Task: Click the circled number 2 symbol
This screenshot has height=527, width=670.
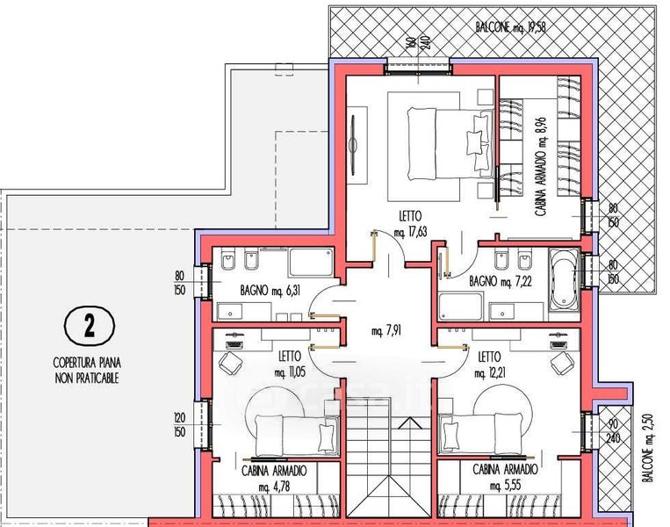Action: click(90, 326)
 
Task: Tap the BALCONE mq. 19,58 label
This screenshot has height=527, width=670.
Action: click(510, 27)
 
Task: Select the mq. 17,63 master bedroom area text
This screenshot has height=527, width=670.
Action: click(411, 233)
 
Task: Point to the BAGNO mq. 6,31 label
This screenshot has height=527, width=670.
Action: click(270, 291)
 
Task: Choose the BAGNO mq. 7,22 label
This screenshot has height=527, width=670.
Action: click(501, 281)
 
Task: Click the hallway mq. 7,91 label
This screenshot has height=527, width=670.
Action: click(386, 330)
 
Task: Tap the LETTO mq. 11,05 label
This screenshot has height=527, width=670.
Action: click(290, 365)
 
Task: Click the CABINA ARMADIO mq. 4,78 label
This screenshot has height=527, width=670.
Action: click(274, 479)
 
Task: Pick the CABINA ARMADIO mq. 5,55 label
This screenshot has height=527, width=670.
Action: click(505, 478)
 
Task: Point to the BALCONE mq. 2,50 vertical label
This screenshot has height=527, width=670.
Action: click(649, 447)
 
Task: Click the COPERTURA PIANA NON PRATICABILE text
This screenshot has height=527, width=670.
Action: click(87, 371)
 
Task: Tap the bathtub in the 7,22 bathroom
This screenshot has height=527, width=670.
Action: click(564, 280)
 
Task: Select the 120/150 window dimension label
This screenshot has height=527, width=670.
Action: click(180, 424)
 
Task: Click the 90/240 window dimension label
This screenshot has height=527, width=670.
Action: click(613, 431)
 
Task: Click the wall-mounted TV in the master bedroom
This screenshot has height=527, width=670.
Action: click(353, 145)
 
